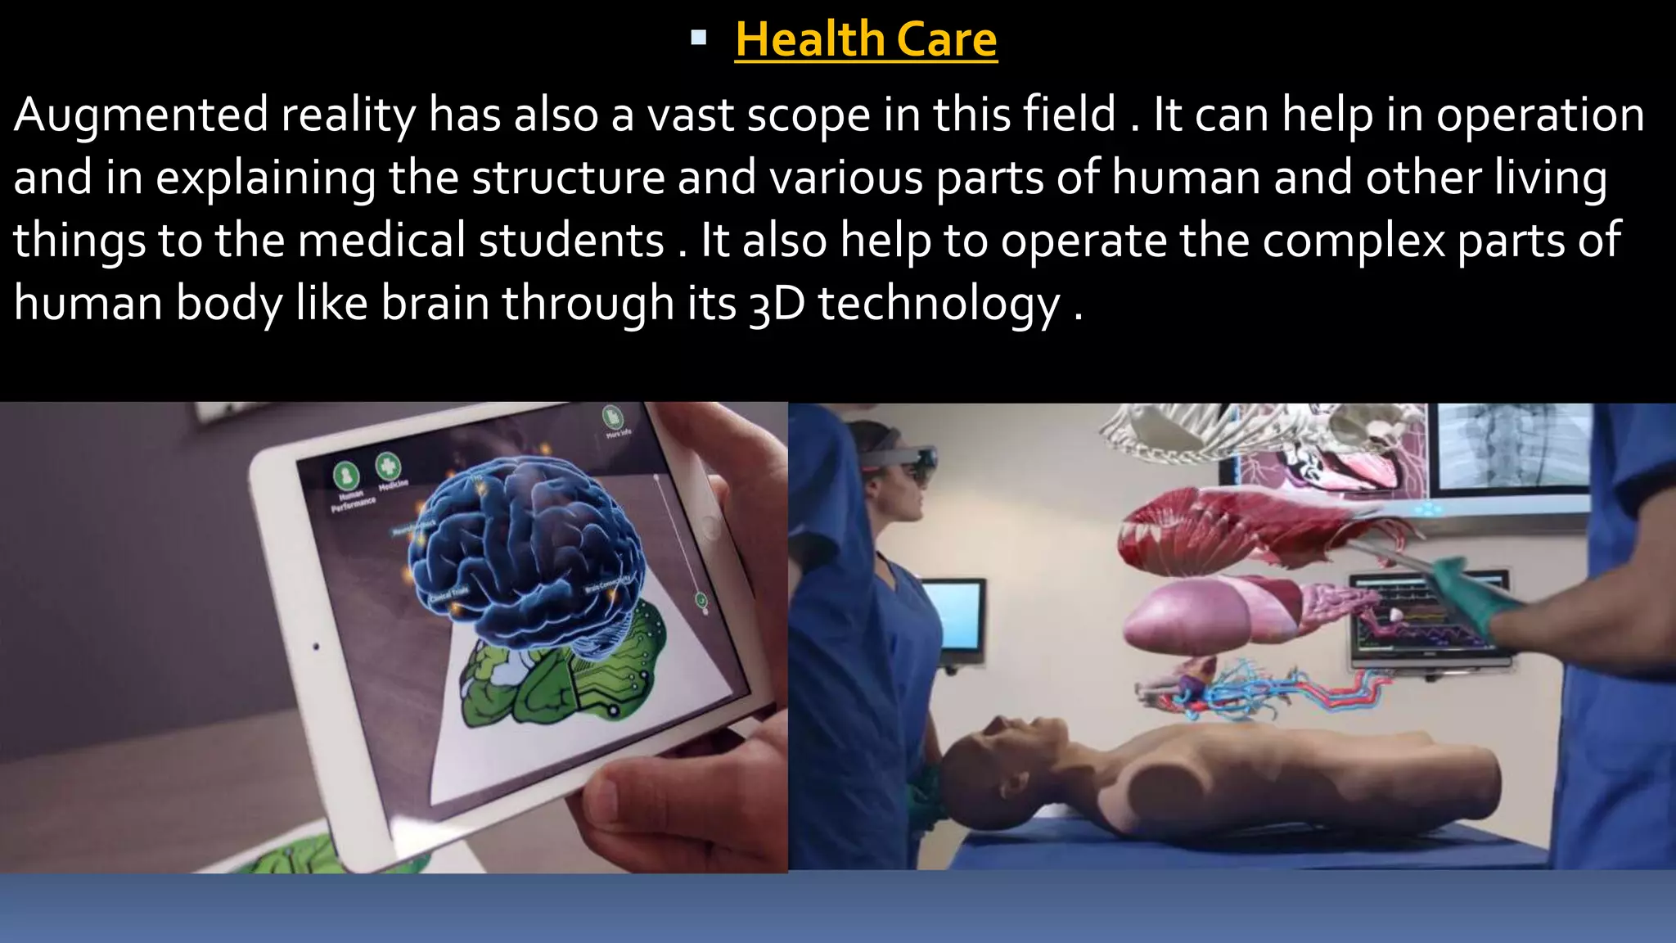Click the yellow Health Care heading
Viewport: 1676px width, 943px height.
[x=866, y=39]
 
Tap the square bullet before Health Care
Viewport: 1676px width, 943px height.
[x=698, y=37]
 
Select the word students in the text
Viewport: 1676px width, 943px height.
[x=571, y=241]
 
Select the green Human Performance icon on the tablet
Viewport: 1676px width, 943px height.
[x=346, y=475]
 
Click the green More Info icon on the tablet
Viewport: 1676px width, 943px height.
[x=612, y=416]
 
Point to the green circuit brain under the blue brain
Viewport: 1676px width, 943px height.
[x=565, y=679]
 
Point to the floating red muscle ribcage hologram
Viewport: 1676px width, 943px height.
[x=1228, y=532]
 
